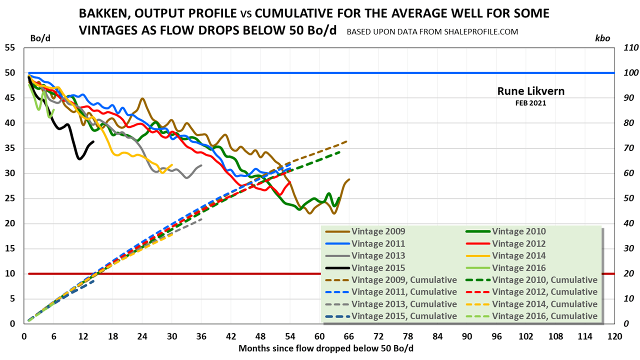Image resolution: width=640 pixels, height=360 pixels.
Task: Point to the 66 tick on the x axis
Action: click(x=348, y=336)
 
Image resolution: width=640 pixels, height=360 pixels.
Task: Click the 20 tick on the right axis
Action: click(x=626, y=274)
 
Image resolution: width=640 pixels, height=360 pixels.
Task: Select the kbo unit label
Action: click(x=602, y=38)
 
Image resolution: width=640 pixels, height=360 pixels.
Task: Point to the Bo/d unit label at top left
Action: click(x=40, y=38)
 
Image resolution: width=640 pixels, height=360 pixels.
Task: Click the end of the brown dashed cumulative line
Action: click(x=346, y=141)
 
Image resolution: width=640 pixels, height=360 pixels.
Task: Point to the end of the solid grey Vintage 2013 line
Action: click(x=201, y=165)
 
